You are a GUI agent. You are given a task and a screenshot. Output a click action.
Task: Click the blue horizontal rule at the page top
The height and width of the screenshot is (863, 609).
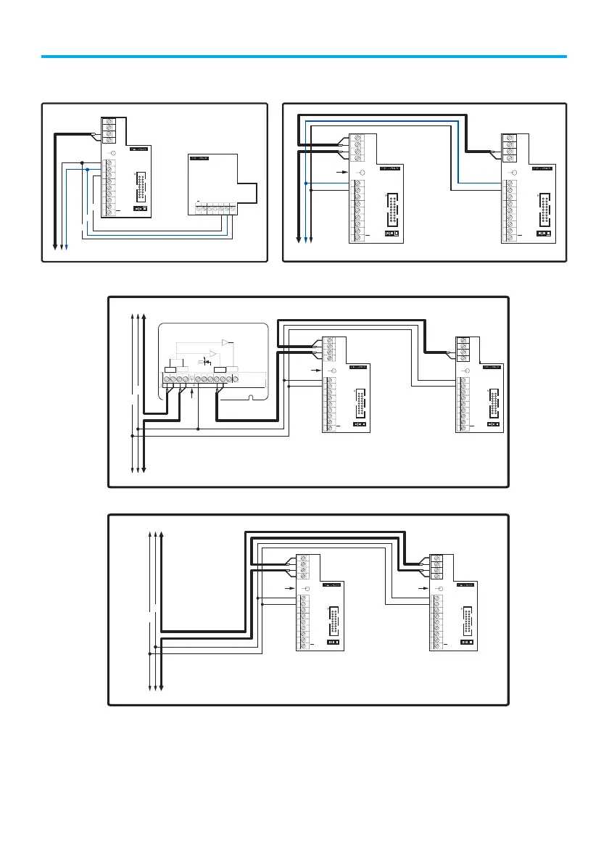(304, 56)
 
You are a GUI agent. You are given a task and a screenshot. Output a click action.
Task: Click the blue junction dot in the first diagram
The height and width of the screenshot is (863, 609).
(87, 170)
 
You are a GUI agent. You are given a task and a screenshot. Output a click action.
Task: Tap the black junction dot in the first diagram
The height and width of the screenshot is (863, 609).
(82, 162)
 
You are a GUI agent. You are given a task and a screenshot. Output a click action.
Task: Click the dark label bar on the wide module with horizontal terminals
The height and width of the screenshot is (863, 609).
(199, 157)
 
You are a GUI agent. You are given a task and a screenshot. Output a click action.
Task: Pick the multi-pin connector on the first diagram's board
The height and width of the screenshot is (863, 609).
(141, 186)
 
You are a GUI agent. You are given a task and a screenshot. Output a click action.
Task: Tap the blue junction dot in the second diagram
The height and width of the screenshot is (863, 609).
(307, 182)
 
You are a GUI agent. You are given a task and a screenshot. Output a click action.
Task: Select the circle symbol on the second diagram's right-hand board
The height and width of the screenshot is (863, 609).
(514, 172)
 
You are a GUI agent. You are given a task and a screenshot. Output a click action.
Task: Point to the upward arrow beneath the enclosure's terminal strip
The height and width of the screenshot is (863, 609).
(191, 394)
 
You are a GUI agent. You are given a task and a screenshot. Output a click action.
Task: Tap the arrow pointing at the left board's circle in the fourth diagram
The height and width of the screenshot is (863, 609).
(292, 589)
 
